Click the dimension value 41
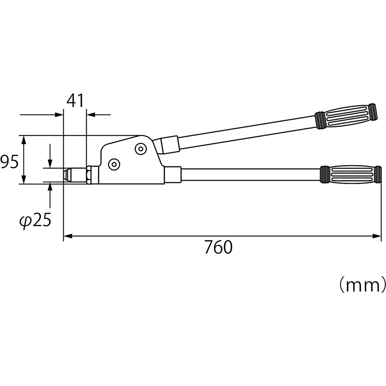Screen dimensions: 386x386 pyautogui.click(x=75, y=101)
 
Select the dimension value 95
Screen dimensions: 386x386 pyautogui.click(x=9, y=162)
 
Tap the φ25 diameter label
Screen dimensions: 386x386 pyautogui.click(x=36, y=221)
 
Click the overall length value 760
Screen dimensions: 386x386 pyautogui.click(x=218, y=247)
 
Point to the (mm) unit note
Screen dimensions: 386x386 pyautogui.click(x=362, y=286)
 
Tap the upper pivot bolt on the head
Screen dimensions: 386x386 pyautogui.click(x=140, y=149)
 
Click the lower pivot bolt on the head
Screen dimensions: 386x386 pyautogui.click(x=114, y=164)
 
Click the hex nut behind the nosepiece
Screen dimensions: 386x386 pyautogui.click(x=89, y=175)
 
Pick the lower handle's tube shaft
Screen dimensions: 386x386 pyautogui.click(x=251, y=174)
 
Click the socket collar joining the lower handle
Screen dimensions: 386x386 pyautogui.click(x=173, y=174)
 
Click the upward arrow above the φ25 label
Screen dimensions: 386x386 pyautogui.click(x=50, y=188)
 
